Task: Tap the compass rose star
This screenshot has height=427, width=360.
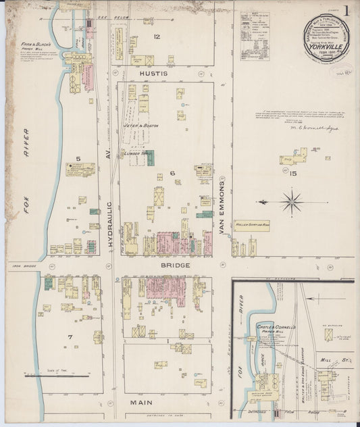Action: [x=292, y=201]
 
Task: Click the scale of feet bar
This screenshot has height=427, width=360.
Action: [x=64, y=376]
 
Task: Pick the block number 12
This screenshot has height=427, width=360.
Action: [x=157, y=36]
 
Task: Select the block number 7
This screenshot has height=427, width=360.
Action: [x=70, y=336]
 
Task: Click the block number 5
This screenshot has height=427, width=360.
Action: [x=78, y=159]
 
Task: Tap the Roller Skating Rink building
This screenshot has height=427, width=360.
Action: [x=252, y=226]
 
